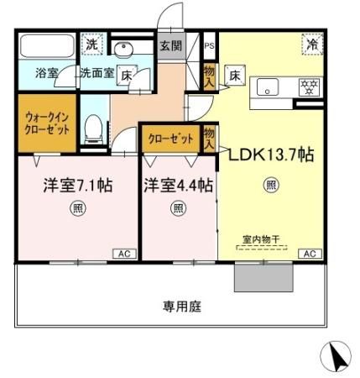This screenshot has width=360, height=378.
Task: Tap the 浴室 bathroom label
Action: [46, 73]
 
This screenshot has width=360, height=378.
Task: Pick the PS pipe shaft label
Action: [208, 46]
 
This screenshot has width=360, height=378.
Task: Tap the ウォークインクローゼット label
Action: [46, 125]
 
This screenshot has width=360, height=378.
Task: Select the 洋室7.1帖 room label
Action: [78, 185]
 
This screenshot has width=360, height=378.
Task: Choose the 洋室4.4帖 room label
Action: [177, 185]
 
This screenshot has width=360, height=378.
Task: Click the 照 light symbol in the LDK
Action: [271, 185]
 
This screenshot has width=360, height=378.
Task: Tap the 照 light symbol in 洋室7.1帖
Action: [77, 210]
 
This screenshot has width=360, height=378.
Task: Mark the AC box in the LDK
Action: [308, 253]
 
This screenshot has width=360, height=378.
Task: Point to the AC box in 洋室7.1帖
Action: [123, 253]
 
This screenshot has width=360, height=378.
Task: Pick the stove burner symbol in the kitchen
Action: [306, 86]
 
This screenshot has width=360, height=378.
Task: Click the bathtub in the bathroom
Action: [46, 46]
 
